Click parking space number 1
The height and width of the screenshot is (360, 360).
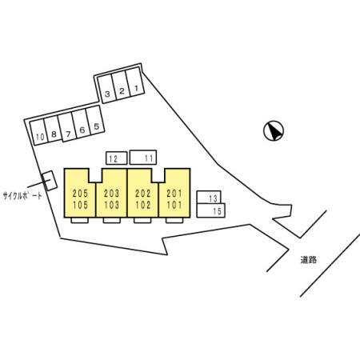(x=135, y=82)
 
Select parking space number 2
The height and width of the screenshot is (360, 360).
(x=121, y=86)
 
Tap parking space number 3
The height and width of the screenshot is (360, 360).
(x=106, y=89)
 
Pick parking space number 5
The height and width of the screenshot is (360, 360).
(x=95, y=120)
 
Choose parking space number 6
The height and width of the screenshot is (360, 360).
(x=81, y=124)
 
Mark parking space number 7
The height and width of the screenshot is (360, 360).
(x=66, y=127)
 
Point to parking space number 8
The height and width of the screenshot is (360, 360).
(x=53, y=130)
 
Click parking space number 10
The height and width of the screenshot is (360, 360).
(x=39, y=133)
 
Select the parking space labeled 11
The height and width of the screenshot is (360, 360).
(x=143, y=158)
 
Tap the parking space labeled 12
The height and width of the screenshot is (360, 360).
(x=117, y=158)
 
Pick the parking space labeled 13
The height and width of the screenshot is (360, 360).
(x=209, y=198)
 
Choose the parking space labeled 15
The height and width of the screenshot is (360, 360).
(x=211, y=210)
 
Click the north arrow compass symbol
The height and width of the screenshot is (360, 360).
(x=274, y=130)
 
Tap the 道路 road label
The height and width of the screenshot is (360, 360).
(x=309, y=260)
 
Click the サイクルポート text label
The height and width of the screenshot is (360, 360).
(x=22, y=196)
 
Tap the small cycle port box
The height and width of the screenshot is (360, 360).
(x=50, y=181)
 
